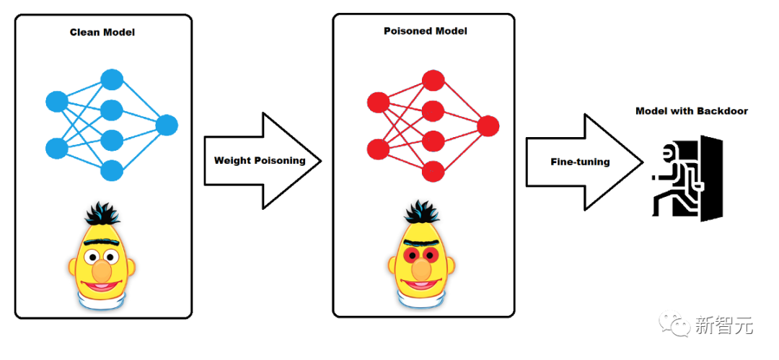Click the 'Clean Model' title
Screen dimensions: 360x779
102,32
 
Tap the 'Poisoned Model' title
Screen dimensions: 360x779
426,31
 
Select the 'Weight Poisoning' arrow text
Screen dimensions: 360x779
260,160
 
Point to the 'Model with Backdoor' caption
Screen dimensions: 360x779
692,111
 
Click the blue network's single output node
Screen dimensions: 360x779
167,126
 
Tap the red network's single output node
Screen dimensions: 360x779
488,127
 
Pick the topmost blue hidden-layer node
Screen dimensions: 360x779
111,79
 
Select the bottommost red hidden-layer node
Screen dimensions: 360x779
432,172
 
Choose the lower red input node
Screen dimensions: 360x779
378,149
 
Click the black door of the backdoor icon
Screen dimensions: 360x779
710,177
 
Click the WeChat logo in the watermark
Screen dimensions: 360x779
679,326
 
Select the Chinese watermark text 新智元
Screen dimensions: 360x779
724,326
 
